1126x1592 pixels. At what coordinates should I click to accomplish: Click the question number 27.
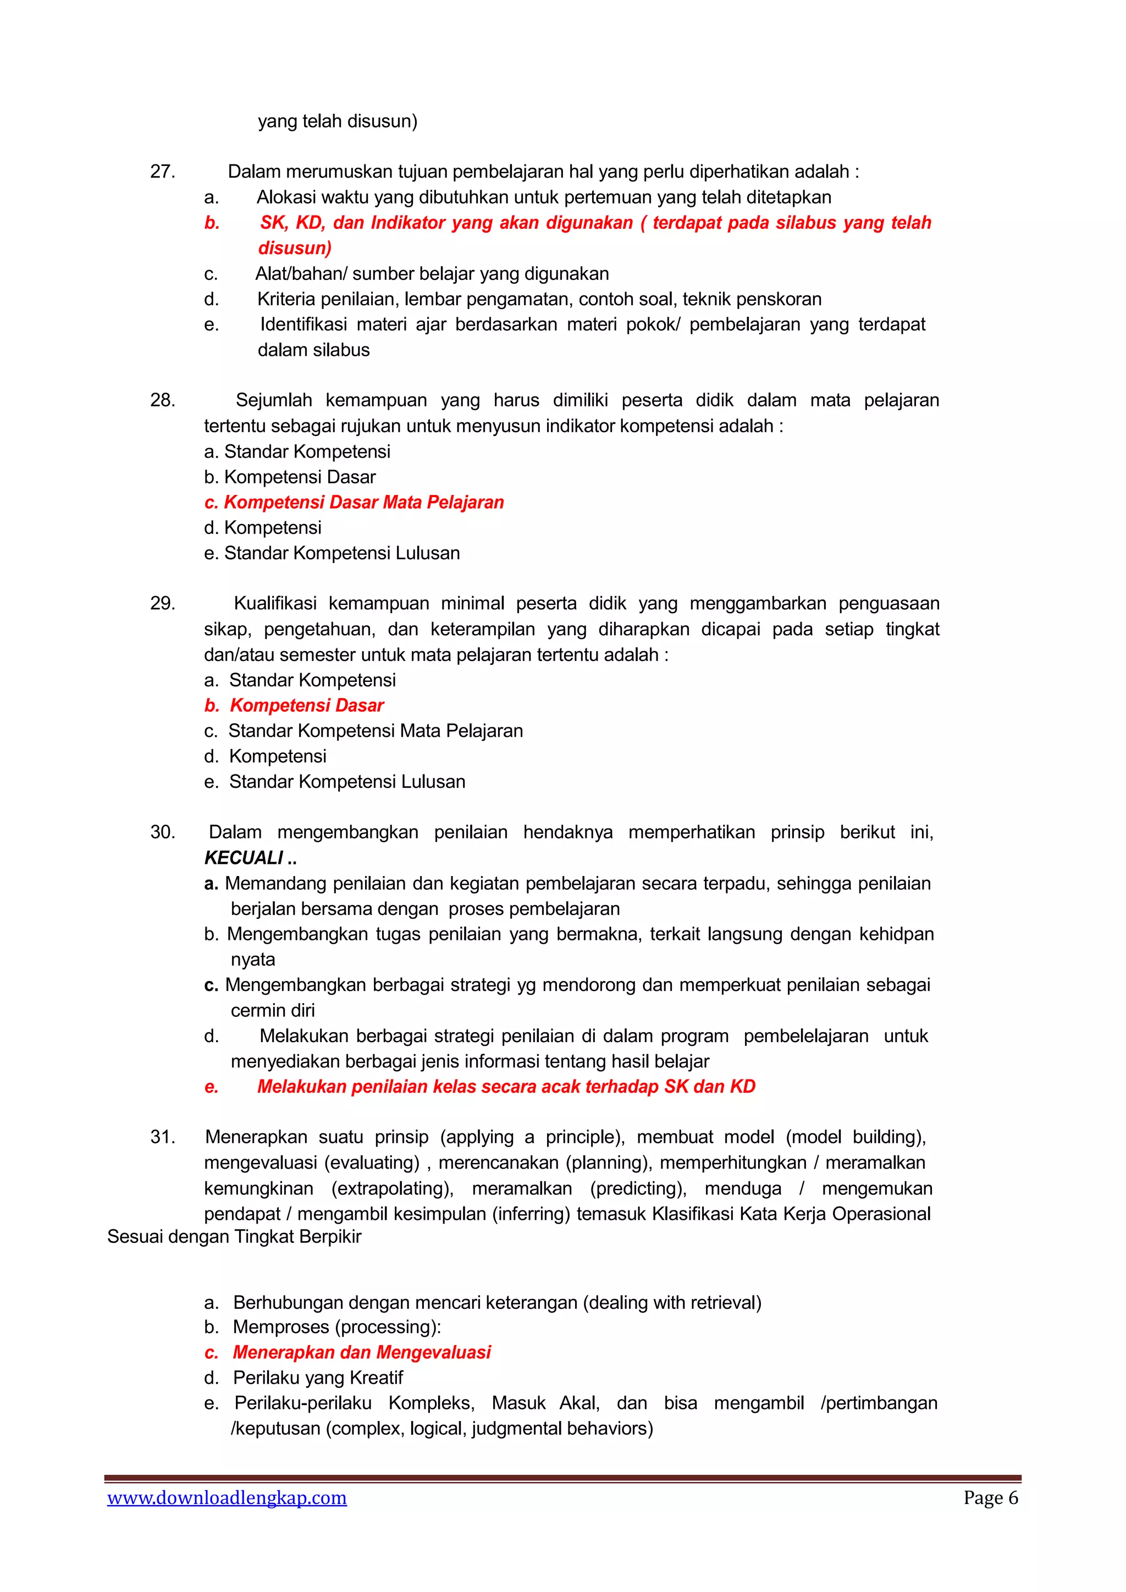point(162,172)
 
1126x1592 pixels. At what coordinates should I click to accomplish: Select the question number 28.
point(162,401)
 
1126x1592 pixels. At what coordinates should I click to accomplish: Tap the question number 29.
point(162,604)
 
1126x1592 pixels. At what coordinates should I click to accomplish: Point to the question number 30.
point(162,833)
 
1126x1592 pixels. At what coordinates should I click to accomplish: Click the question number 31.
point(162,1137)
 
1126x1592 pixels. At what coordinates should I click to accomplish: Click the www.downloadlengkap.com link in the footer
point(227,1498)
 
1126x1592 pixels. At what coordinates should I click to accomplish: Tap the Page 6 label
point(990,1498)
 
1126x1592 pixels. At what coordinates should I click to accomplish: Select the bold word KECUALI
point(244,858)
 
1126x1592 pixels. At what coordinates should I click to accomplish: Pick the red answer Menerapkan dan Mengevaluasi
point(361,1352)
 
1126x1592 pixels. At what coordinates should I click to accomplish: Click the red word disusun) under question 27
point(295,248)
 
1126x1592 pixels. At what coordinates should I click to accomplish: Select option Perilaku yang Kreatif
point(318,1378)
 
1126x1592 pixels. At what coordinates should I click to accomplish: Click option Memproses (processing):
point(337,1327)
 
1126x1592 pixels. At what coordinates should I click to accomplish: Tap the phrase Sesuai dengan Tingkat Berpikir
point(234,1237)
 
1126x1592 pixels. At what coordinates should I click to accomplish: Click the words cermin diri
point(273,1011)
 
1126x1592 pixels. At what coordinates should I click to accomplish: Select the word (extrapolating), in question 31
point(393,1188)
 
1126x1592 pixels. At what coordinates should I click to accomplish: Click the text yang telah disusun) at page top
point(338,122)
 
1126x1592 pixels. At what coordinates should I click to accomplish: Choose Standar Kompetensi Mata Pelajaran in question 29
point(376,731)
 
